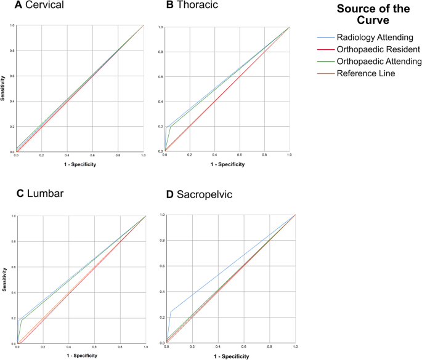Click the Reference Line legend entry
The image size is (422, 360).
click(365, 74)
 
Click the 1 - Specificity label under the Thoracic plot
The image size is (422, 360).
click(227, 165)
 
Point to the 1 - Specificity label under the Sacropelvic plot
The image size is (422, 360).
click(231, 356)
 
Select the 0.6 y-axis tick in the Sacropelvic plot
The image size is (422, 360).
click(163, 266)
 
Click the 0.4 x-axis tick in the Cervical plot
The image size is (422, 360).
click(67, 156)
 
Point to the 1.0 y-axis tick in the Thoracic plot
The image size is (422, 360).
click(161, 28)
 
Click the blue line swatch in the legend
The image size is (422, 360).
click(325, 37)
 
